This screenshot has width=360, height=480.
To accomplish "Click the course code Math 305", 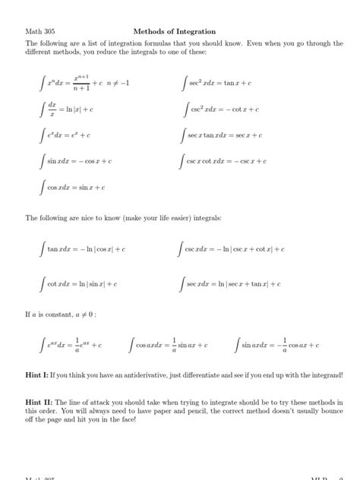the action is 39,32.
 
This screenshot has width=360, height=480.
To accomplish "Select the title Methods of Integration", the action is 174,32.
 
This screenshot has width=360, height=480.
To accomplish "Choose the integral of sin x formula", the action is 77,161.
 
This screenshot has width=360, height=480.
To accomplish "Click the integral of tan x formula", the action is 83,248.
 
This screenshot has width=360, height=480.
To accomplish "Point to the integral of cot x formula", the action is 79,283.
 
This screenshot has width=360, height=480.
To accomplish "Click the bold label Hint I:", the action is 38,376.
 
